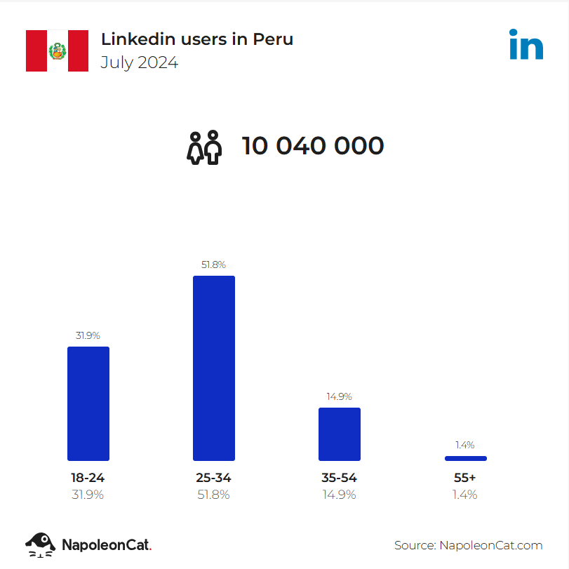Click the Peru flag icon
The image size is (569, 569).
(57, 51)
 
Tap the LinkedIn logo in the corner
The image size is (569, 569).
(526, 44)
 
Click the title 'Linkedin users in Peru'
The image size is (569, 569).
(197, 39)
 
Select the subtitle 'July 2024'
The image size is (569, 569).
(139, 62)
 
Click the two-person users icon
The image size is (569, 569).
(204, 147)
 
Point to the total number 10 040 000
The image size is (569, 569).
(313, 146)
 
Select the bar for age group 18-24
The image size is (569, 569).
(88, 403)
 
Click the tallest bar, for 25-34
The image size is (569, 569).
(214, 368)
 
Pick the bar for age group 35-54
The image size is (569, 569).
(340, 434)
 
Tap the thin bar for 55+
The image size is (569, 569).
(465, 458)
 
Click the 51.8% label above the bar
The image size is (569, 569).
(213, 265)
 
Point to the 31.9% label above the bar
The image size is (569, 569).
(88, 335)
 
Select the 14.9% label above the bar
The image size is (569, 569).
(339, 396)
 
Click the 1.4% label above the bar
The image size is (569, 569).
(464, 445)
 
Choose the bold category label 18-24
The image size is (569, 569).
(88, 478)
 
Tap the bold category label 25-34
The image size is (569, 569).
(213, 478)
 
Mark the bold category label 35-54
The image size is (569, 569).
(339, 478)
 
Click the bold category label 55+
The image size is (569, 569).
(464, 478)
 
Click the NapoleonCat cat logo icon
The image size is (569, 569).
(41, 544)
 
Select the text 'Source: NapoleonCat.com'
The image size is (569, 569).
(468, 545)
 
